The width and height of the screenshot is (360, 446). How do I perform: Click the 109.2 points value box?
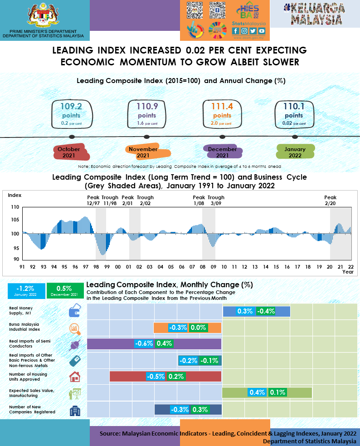coord(71,114)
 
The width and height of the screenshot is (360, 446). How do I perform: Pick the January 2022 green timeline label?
coord(295,152)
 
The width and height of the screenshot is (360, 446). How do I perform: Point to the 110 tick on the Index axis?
coord(15,207)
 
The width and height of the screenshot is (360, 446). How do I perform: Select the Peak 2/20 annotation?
coord(331,201)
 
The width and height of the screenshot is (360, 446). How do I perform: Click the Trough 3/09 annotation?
coord(216,201)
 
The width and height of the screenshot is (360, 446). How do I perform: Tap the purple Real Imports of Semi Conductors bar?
coord(109,343)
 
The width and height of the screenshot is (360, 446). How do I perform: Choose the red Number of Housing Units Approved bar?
coord(127,376)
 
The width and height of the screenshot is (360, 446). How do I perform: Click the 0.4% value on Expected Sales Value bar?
coord(257,392)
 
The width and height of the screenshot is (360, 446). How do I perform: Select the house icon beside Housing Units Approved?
coord(74,377)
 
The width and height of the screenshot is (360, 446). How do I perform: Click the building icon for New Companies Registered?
coord(74,411)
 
